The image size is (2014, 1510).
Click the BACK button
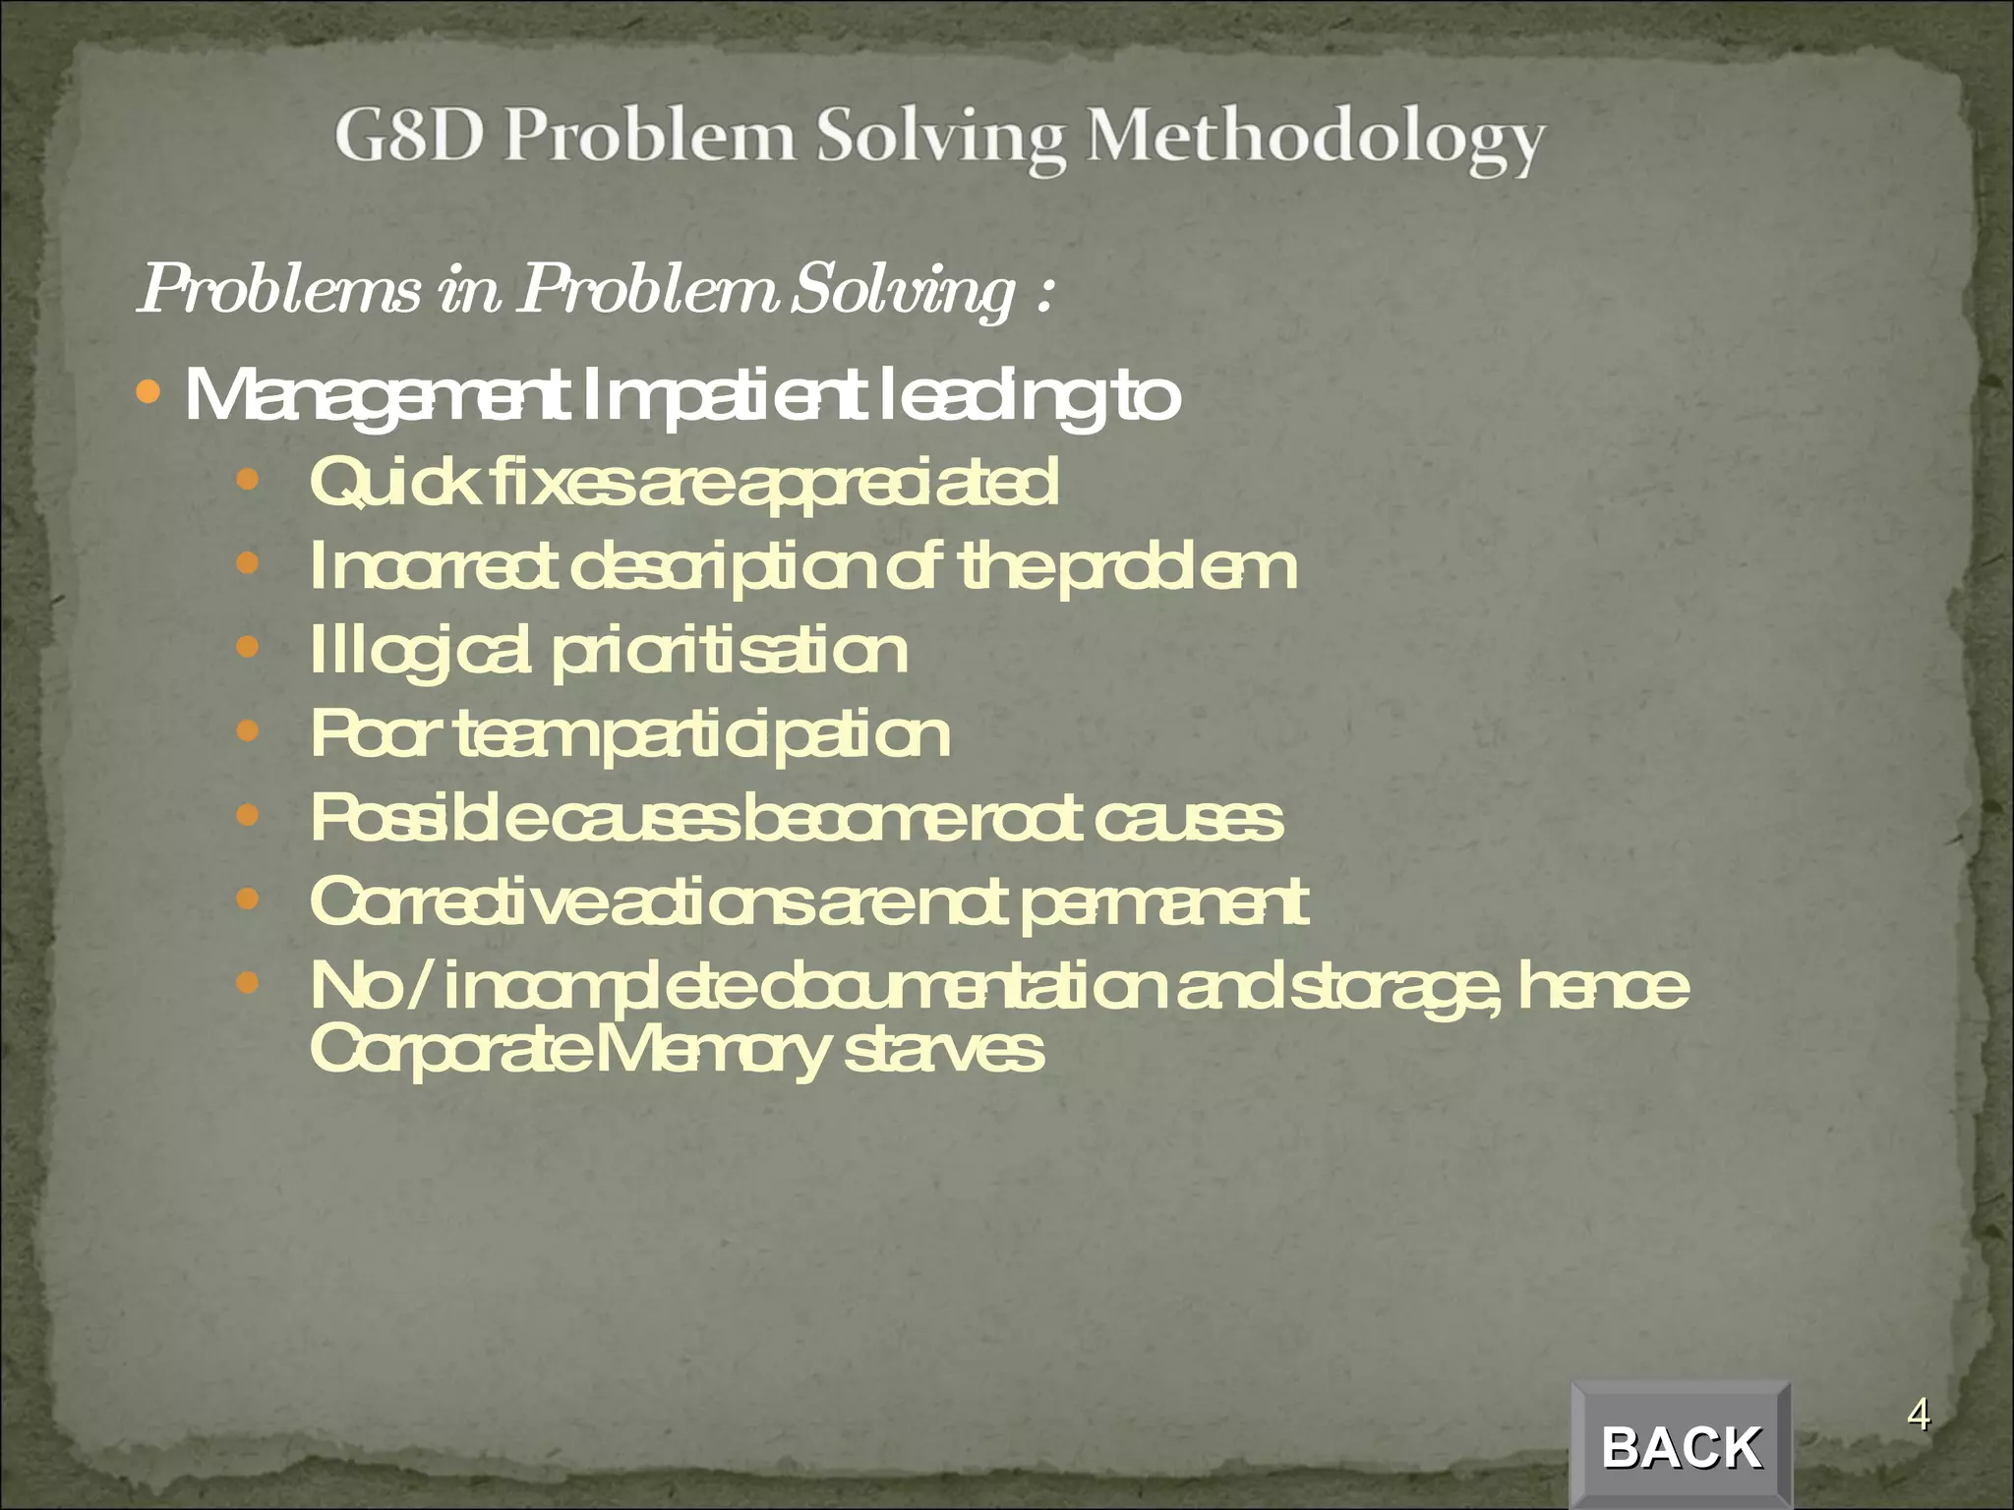(x=1681, y=1446)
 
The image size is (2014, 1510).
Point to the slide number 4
(x=1918, y=1416)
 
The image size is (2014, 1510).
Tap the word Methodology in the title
(x=1315, y=140)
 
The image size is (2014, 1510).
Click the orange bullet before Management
(x=148, y=393)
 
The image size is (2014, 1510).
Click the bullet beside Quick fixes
(x=247, y=481)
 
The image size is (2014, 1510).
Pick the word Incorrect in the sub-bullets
(x=433, y=566)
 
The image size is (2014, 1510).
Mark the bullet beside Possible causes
(x=247, y=815)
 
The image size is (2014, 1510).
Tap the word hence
(x=1602, y=986)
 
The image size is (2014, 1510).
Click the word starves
(x=944, y=1050)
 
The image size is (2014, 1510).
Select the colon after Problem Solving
(x=1044, y=292)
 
